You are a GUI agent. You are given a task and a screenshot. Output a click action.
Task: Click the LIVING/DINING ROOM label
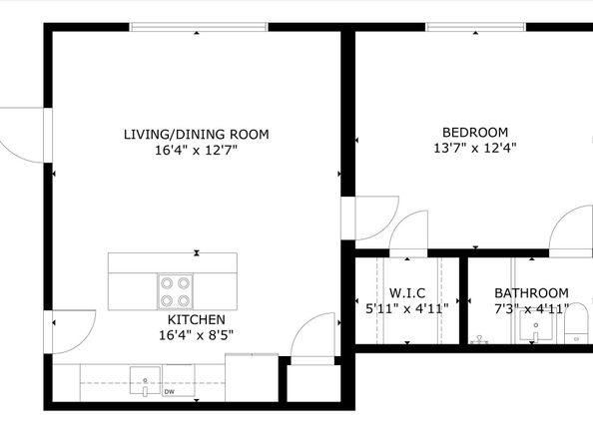196,134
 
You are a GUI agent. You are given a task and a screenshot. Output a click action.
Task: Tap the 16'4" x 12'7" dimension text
196,151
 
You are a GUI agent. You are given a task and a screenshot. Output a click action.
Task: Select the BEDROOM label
474,132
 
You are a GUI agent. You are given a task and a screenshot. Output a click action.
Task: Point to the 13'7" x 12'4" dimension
474,149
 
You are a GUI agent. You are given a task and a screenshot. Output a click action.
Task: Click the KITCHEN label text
196,319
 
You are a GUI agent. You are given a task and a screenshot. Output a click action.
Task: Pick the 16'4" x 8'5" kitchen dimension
196,335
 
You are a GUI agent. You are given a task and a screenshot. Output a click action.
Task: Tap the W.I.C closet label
408,292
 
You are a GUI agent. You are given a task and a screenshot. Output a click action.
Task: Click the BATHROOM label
531,292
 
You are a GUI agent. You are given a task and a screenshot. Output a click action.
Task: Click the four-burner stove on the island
174,290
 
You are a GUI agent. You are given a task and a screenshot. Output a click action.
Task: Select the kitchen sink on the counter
146,380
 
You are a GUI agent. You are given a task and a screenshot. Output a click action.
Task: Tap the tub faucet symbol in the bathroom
480,339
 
